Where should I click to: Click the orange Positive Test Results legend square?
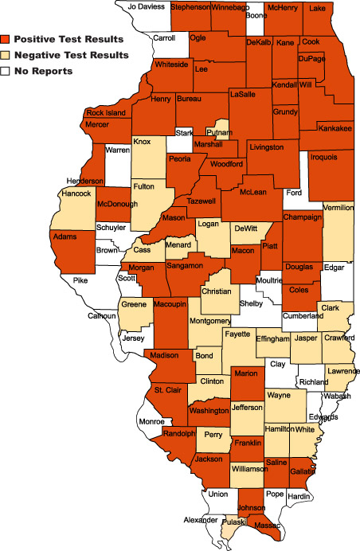(6, 39)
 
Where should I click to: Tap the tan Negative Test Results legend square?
(6, 55)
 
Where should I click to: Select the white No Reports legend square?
(6, 71)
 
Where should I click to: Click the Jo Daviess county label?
(146, 6)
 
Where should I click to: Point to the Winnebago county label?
(229, 7)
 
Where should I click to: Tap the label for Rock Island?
(106, 112)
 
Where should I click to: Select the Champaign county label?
(302, 217)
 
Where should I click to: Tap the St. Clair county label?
(169, 390)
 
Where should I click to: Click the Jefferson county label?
(246, 408)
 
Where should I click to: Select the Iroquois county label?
(325, 157)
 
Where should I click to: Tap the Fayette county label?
(237, 334)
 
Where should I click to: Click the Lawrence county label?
(342, 371)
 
